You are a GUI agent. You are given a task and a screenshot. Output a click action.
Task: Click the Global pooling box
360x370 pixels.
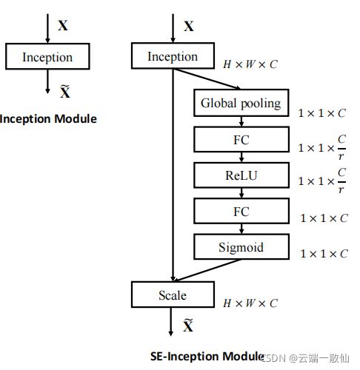point(241,103)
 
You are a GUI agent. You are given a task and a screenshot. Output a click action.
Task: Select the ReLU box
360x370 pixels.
point(241,175)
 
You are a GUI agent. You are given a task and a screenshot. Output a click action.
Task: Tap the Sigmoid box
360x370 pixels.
point(241,246)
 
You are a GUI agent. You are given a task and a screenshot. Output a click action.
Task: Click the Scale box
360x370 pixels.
point(173,295)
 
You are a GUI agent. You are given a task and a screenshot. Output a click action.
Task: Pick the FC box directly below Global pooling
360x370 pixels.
point(241,139)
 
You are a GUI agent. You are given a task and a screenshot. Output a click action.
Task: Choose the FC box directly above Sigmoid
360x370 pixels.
point(241,211)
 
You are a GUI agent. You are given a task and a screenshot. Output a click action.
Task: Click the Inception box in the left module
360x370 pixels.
point(47,56)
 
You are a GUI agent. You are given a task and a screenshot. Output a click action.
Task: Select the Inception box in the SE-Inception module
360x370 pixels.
point(173,55)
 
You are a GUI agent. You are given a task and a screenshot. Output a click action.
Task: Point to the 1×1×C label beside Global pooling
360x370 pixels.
point(321,113)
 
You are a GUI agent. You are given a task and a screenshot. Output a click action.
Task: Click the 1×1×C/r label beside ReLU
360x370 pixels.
point(321,181)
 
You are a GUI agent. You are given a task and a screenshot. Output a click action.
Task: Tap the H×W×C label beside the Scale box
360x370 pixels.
point(250,303)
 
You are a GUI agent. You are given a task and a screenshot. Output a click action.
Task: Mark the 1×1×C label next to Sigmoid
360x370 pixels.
point(324,254)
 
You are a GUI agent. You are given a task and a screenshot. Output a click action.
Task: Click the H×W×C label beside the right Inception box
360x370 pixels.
point(250,64)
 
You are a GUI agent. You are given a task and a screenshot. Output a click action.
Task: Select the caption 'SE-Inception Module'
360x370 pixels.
point(207,356)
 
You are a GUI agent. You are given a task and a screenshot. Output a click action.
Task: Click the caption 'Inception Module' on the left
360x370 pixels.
point(48,119)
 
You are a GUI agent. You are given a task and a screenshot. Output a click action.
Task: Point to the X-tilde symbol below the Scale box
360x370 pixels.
point(188,325)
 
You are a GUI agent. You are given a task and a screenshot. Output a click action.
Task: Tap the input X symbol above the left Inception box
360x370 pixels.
point(63,25)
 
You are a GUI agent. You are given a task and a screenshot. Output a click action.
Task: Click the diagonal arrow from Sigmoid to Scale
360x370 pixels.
point(207,270)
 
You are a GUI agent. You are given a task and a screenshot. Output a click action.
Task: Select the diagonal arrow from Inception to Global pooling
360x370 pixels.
point(207,79)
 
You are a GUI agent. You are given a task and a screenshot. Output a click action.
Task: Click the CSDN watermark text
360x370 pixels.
point(305,358)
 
